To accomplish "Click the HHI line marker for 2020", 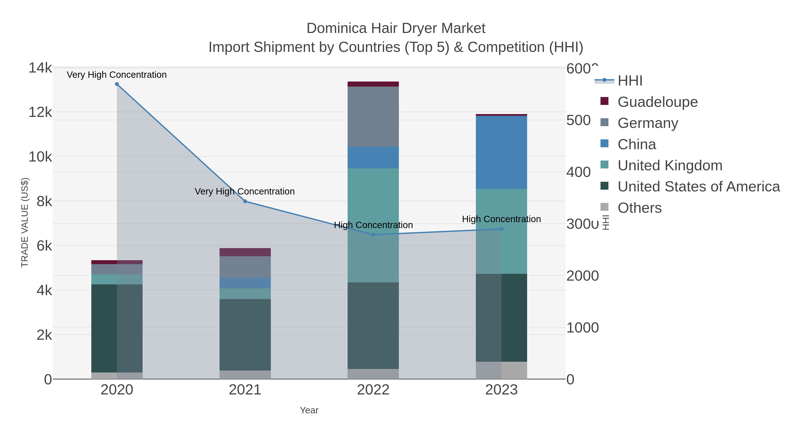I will click(117, 84).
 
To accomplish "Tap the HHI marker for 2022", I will click(373, 235).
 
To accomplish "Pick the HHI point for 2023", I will click(501, 229).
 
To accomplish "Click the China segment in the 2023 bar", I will click(501, 152).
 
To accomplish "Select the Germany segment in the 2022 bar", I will click(373, 117).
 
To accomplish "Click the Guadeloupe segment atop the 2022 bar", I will click(373, 84).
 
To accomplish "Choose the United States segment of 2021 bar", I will click(245, 335).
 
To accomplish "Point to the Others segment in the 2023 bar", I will click(501, 370).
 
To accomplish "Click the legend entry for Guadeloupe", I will click(657, 102).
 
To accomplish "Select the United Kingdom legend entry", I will click(670, 165).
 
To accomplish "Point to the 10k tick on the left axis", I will click(40, 157).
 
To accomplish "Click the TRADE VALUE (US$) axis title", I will click(25, 222).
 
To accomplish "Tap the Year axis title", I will click(309, 410).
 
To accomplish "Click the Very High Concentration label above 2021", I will click(245, 191).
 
